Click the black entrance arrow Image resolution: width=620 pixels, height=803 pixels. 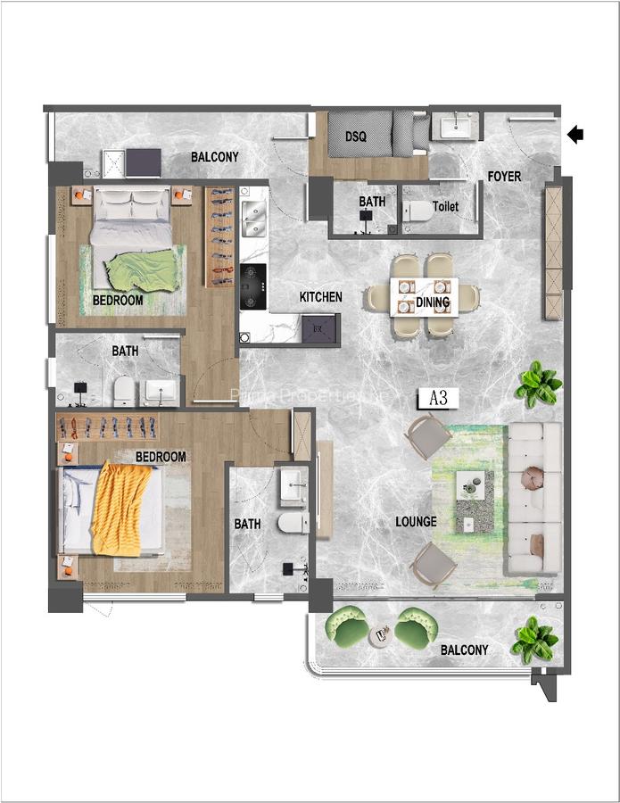click(575, 135)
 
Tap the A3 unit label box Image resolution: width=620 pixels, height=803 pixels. click(438, 398)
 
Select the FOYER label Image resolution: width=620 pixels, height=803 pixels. click(504, 176)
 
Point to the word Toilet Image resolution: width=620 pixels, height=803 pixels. click(445, 206)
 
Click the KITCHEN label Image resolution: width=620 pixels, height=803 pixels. click(320, 297)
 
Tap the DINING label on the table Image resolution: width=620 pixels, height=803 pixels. click(433, 303)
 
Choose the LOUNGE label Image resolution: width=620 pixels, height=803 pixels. click(417, 521)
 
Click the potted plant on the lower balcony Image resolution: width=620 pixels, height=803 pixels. click(534, 640)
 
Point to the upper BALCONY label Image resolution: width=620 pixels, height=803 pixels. click(215, 157)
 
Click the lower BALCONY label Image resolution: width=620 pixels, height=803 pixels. click(464, 650)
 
